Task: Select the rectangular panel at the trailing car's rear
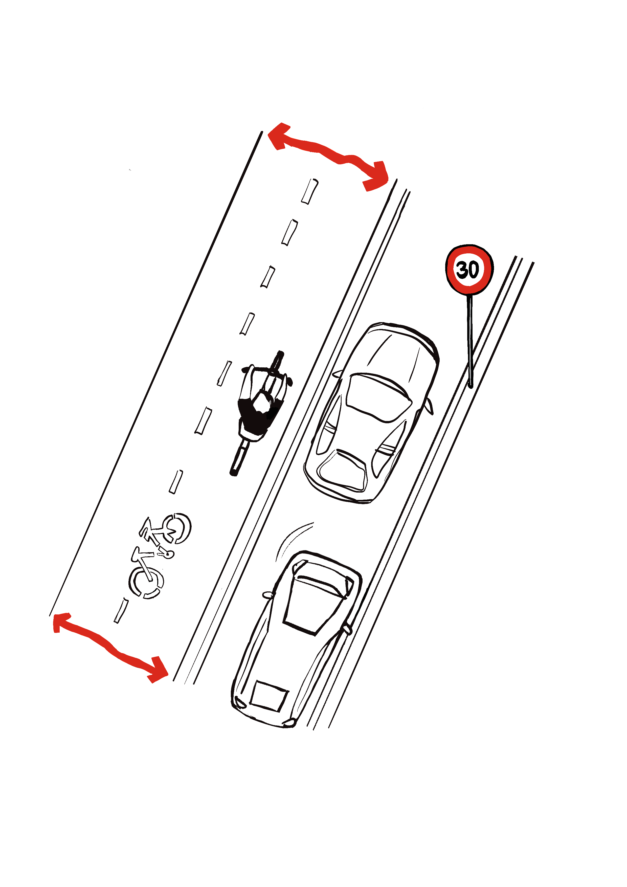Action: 269,696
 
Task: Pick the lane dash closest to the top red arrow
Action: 310,191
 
